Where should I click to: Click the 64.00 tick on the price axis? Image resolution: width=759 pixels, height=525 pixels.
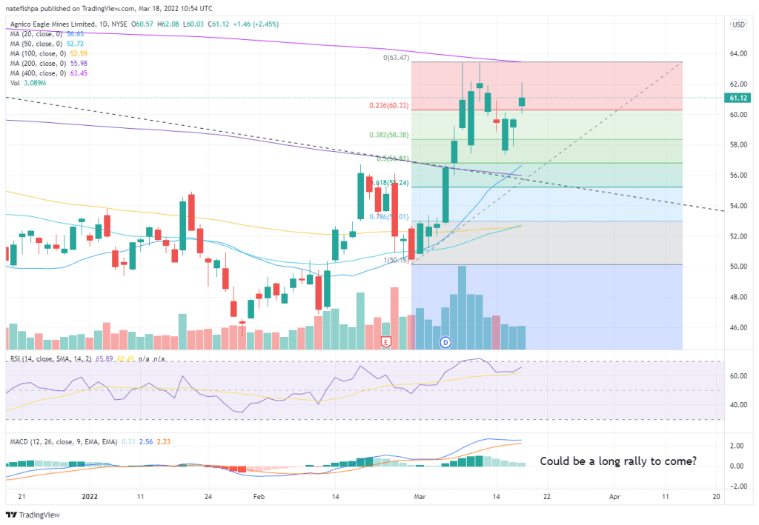click(x=737, y=53)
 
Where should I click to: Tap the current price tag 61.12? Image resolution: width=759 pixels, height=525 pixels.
click(x=738, y=98)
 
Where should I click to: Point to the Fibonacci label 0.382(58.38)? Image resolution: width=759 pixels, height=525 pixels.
click(x=390, y=135)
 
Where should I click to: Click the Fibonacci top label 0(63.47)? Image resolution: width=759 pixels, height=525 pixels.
click(x=397, y=57)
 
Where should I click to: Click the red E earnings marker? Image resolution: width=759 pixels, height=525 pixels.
click(x=385, y=341)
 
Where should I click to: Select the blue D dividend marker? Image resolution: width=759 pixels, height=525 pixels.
click(x=445, y=341)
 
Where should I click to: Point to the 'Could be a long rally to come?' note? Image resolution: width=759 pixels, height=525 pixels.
click(x=618, y=461)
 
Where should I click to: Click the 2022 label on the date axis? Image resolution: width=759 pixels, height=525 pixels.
click(x=90, y=496)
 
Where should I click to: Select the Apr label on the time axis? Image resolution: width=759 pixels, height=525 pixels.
click(x=614, y=496)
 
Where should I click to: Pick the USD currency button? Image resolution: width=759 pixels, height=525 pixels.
click(x=738, y=25)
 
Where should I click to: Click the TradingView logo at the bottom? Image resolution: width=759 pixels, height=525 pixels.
click(x=33, y=515)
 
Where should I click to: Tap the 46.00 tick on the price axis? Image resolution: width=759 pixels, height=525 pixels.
click(x=737, y=327)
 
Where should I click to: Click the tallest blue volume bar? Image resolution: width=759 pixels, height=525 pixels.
click(x=462, y=307)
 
